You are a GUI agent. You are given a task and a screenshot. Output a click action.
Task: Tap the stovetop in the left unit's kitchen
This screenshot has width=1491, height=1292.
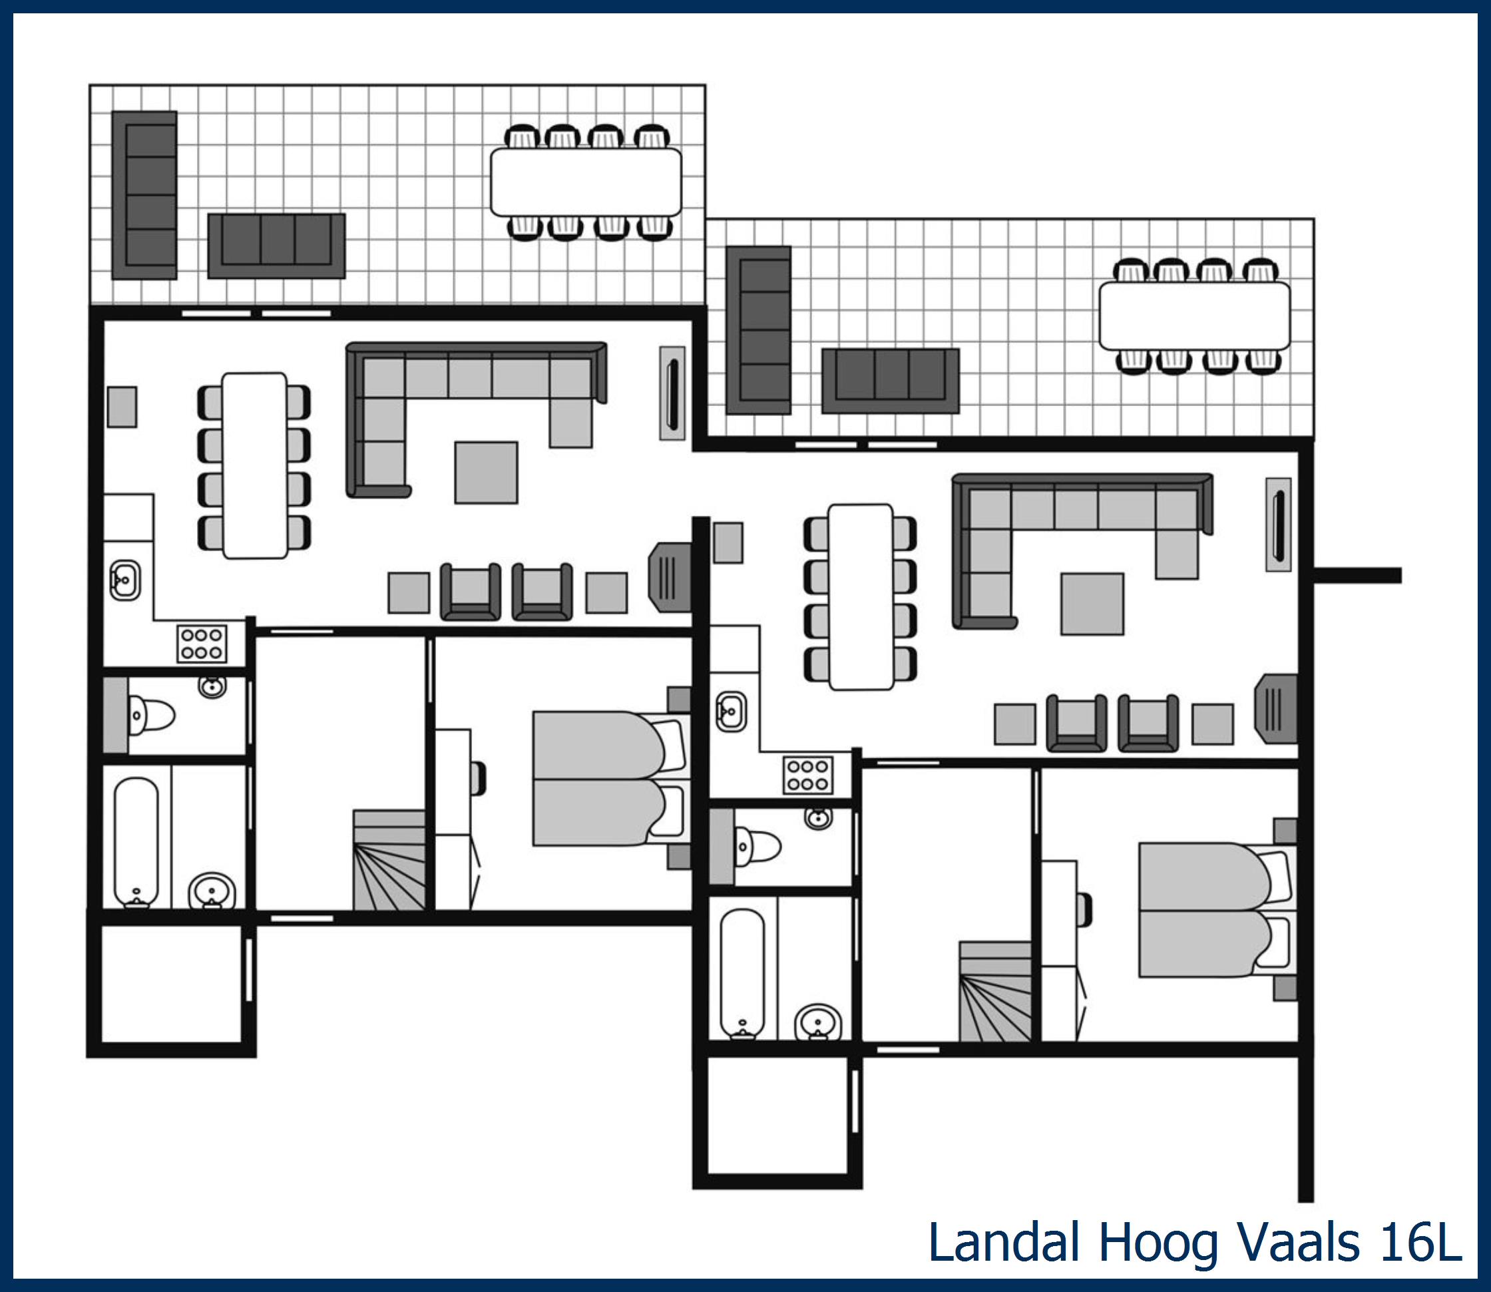point(202,644)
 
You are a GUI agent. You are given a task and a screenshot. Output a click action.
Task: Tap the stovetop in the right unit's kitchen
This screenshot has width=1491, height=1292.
point(808,775)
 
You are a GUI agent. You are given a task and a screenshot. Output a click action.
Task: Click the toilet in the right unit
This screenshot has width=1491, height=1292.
point(756,847)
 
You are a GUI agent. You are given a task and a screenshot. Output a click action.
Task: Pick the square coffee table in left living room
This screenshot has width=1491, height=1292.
point(486,472)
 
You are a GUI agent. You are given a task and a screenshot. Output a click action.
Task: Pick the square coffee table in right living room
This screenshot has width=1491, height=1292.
point(1092,604)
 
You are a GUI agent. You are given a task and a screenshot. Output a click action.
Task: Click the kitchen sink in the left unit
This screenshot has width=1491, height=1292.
point(124,580)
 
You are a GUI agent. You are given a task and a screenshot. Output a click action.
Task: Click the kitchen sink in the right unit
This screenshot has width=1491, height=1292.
point(731,712)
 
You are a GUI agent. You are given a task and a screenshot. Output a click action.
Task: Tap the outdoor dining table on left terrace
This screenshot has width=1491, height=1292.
point(586,182)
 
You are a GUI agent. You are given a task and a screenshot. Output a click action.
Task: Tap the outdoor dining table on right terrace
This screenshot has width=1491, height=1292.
point(1194,316)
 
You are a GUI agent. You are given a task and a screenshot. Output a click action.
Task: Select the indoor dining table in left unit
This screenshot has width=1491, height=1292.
point(254,466)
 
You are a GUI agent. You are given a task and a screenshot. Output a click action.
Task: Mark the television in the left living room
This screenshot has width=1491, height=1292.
point(671,578)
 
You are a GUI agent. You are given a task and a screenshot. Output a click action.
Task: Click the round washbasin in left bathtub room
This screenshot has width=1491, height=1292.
point(212,893)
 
